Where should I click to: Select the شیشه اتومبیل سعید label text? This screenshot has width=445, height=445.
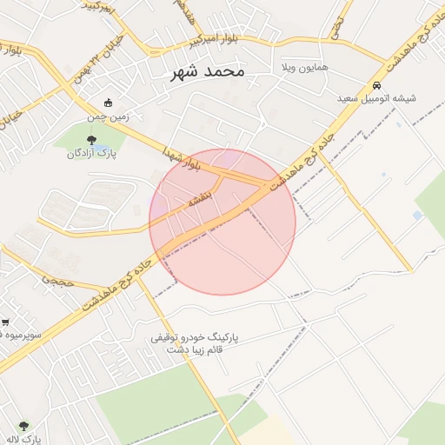coord(377,98)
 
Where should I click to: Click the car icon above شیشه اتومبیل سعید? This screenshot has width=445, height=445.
coord(376,85)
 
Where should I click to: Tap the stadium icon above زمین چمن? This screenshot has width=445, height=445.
coord(108,103)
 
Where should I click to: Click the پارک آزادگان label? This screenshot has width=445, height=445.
coord(92,153)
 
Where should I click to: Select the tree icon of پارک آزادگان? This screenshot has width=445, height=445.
coord(91,140)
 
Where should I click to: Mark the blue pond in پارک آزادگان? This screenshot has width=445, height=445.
coord(103,143)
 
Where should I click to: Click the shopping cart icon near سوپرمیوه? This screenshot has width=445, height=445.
coord(5,322)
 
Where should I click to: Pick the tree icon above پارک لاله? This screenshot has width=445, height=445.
coord(23,426)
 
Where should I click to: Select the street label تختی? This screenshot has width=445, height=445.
coord(335,26)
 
